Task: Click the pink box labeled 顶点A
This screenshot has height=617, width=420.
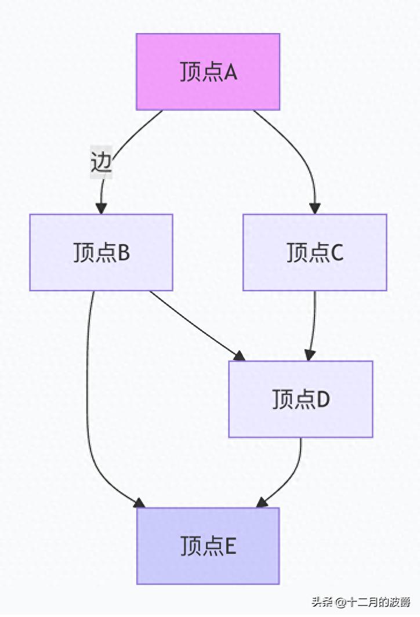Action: tap(208, 72)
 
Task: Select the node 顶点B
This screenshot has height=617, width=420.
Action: tap(102, 252)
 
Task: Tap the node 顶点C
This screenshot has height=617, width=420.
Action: tap(314, 252)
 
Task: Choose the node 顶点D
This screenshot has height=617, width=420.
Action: tap(300, 399)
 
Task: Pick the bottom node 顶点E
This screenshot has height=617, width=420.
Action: tap(208, 546)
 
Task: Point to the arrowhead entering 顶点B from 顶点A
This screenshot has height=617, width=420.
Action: tap(102, 208)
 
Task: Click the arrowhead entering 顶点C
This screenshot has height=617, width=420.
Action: tap(315, 208)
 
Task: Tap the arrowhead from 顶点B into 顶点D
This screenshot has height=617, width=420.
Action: tap(238, 355)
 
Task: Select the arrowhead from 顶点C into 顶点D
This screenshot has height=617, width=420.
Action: tap(310, 355)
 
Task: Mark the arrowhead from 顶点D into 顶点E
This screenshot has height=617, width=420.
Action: tap(263, 502)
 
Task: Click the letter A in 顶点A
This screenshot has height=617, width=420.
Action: tap(230, 72)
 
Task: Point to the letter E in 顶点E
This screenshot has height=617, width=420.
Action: tap(230, 546)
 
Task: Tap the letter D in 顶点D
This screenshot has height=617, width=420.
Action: tap(323, 400)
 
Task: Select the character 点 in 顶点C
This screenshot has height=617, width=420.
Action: tap(319, 253)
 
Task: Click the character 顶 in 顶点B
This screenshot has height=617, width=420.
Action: tap(84, 253)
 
